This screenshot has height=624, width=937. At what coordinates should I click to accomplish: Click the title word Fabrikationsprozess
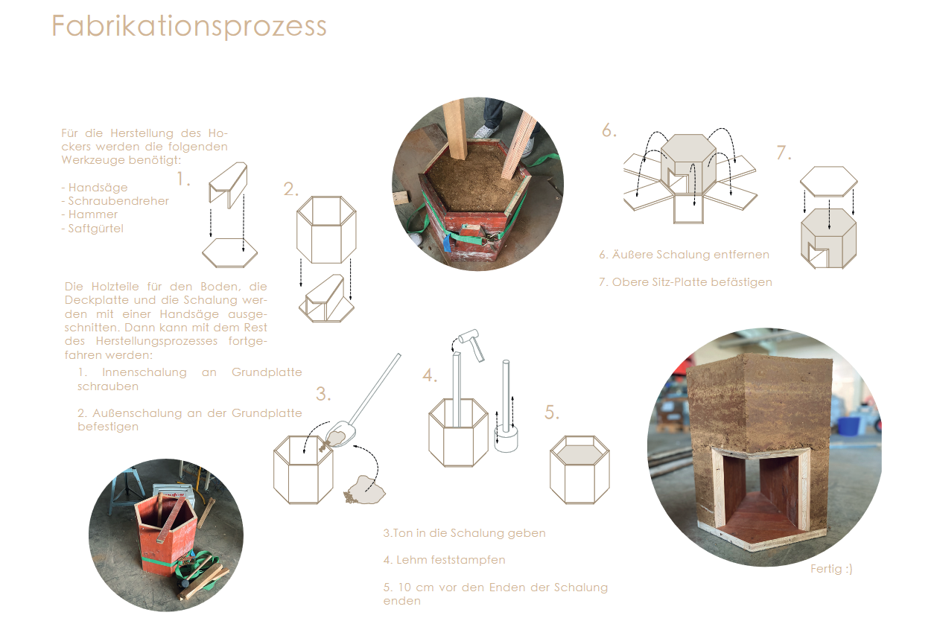(188, 26)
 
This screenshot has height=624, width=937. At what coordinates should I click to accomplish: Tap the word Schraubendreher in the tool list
(118, 201)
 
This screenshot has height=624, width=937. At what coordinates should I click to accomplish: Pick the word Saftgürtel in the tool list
(96, 229)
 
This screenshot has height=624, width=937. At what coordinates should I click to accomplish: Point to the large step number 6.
(609, 130)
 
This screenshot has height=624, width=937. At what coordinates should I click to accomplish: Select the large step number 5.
(552, 413)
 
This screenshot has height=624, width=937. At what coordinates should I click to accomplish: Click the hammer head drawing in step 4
(468, 335)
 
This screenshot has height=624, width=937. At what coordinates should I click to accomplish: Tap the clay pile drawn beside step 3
(365, 489)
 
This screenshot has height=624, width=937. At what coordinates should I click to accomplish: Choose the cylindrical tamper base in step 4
(506, 439)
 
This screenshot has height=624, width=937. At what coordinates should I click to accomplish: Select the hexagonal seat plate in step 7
(829, 182)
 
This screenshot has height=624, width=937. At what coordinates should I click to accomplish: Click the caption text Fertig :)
(831, 569)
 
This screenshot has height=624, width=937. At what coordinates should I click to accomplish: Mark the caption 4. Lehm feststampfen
(444, 560)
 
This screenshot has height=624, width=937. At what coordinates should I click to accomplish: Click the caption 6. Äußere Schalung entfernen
(684, 254)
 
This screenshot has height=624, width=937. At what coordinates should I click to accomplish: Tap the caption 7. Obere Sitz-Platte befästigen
(685, 282)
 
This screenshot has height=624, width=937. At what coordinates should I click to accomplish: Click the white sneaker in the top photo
(486, 131)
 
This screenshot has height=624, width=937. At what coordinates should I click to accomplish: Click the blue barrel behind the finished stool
(849, 427)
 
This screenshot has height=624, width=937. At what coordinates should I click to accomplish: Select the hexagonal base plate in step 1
(229, 252)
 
